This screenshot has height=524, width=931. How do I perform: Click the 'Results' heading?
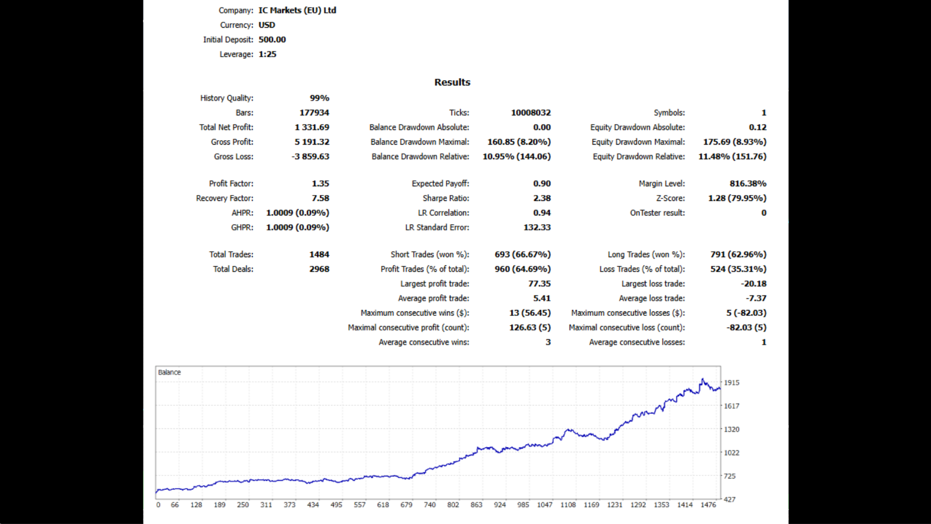coord(452,82)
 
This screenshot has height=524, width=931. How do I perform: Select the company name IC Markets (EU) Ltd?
coord(297,10)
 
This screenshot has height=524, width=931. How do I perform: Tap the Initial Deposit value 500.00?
coord(272,40)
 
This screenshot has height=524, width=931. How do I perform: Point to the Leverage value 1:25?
coord(267,54)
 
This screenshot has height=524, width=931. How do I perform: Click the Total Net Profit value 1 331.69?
coord(312,127)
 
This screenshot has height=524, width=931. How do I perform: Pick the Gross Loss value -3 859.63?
coord(310,157)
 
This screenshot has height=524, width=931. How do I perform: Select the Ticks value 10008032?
coord(530,113)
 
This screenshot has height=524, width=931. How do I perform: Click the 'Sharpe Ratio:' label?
coord(446,198)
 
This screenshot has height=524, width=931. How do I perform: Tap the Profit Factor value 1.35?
coord(320,183)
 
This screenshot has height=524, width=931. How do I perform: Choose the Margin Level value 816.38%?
coord(748,183)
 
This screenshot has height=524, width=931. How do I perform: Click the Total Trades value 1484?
coord(319,254)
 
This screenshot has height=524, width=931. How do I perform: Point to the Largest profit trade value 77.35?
coord(539,284)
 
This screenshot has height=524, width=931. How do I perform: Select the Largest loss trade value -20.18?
coord(754,284)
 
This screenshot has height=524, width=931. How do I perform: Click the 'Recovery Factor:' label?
coord(225,198)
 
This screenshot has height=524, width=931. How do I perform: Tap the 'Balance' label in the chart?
coord(169,372)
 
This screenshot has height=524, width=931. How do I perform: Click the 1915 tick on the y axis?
coord(731,383)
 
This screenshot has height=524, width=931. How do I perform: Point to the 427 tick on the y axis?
coord(729,499)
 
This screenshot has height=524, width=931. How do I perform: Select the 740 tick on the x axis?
coord(430,505)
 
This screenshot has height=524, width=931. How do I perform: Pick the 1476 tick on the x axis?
coord(708,505)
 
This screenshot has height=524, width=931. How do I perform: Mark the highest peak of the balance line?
coord(702,379)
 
